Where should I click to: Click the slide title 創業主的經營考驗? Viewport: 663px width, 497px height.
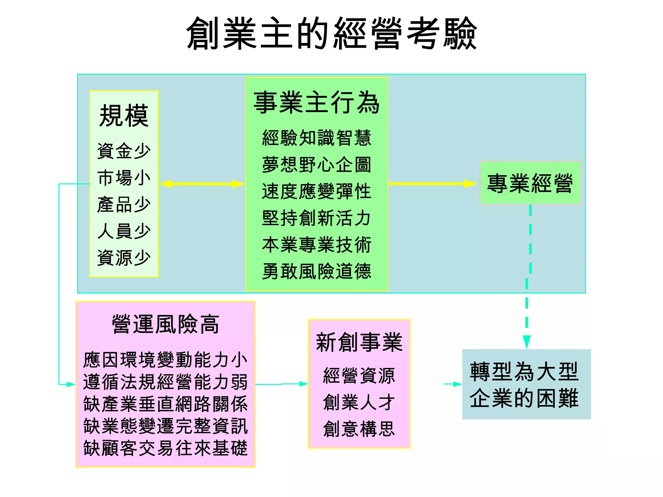(331, 34)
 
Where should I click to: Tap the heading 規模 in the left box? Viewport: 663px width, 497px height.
(124, 116)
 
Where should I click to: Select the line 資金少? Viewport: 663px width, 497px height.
(124, 151)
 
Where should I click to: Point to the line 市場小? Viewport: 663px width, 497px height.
(124, 178)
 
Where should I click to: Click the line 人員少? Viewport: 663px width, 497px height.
(124, 231)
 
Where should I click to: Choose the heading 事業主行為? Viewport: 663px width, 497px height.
(316, 103)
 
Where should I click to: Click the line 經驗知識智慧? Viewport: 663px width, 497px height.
(316, 138)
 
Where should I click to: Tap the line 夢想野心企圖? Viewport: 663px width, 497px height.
(316, 165)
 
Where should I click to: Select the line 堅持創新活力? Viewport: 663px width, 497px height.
(316, 218)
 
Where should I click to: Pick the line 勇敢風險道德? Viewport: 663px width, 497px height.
(316, 271)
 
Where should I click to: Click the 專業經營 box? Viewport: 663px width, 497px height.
(530, 183)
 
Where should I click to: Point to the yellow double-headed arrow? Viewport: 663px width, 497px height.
(202, 184)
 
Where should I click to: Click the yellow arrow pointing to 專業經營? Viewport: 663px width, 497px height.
(432, 184)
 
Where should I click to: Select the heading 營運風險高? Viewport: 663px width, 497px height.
(165, 324)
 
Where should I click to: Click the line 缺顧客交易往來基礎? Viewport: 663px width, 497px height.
(165, 448)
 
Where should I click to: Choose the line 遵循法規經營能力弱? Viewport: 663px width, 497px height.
(165, 382)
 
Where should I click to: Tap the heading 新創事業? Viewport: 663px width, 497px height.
(359, 342)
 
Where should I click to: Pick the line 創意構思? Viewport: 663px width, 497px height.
(359, 429)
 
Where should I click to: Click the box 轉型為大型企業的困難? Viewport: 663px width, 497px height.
(526, 384)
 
